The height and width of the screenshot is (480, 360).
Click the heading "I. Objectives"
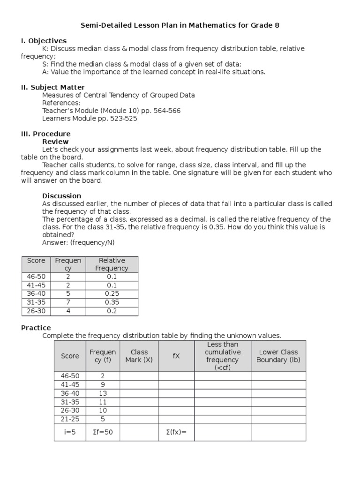point(44,41)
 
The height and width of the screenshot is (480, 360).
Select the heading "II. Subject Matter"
point(53,87)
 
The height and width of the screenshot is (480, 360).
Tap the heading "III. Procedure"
point(46,134)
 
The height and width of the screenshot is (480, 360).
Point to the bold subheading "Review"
point(55,142)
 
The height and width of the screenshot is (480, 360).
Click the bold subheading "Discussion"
point(61,195)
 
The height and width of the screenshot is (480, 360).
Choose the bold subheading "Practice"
point(36,328)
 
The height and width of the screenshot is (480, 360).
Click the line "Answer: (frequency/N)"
point(78,242)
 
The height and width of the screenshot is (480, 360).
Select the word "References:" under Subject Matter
point(61,103)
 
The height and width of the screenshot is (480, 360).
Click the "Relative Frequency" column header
point(112,264)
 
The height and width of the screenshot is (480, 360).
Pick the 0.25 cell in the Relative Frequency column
point(112,294)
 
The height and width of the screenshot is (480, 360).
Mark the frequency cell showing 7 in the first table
point(68,302)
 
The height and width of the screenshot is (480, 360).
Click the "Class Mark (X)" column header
point(139,356)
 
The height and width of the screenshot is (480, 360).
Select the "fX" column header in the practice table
point(176,356)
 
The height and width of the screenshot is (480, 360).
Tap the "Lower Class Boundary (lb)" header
point(278,356)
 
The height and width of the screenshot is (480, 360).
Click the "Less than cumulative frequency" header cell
point(223,356)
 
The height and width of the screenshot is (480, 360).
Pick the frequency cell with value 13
point(103,393)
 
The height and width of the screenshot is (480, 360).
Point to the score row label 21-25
point(70,419)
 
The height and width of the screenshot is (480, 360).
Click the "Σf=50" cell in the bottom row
point(103,432)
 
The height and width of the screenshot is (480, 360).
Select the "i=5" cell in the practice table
point(70,432)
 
